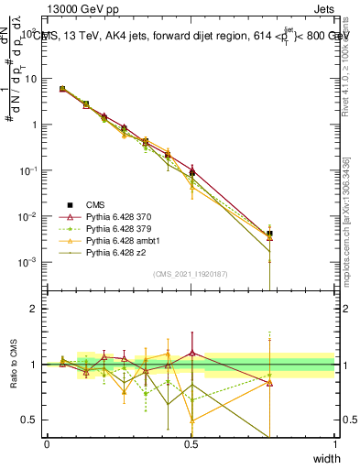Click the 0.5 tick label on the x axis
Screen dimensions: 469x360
pos(191,444)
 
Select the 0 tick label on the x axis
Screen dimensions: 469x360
pos(47,444)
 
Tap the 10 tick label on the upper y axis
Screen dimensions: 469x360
pos(32,79)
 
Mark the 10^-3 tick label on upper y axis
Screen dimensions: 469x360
pos(30,262)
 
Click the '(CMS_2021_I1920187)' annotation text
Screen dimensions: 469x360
pos(190,273)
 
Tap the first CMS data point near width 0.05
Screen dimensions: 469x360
pos(62,89)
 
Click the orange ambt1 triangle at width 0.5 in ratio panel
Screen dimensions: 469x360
pos(191,420)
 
